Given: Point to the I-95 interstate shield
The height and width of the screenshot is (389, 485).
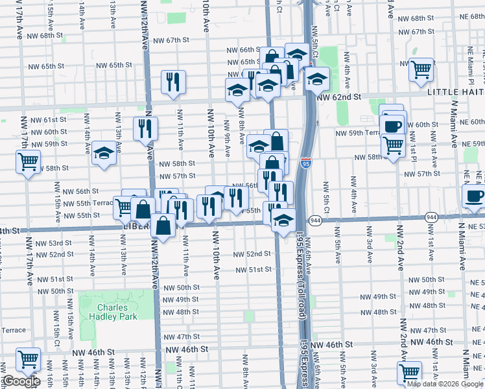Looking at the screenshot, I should point(305,164).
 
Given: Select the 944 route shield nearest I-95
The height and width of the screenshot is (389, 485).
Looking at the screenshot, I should point(316,220).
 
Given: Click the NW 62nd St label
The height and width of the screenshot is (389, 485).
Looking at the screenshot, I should point(338,97).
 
